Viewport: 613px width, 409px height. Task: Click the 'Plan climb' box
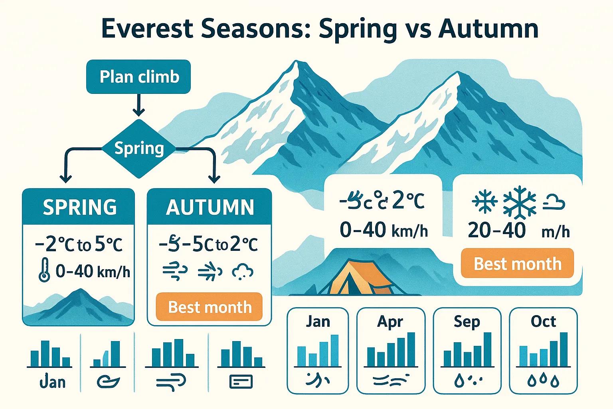[138, 77]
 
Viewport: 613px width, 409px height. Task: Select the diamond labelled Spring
[138, 149]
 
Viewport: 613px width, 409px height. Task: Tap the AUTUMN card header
[210, 207]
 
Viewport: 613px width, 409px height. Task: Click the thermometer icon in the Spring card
[44, 270]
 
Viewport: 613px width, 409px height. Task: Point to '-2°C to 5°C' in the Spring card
[79, 244]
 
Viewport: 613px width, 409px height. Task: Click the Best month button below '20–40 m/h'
[517, 264]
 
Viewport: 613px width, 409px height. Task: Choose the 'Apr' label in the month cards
[390, 322]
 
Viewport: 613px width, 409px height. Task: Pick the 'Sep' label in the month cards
[467, 322]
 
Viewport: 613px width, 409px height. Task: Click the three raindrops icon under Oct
[543, 381]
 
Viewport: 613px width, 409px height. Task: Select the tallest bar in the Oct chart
[564, 349]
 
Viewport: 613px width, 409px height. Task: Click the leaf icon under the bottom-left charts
[108, 381]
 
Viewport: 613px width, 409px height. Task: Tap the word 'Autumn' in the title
[488, 29]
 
